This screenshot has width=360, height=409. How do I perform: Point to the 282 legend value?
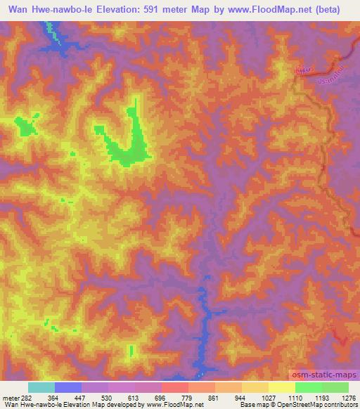[27, 397]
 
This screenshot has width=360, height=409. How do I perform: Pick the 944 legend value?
[229, 397]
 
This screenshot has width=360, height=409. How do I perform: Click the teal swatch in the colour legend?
[41, 387]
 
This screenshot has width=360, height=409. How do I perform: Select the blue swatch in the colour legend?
[68, 387]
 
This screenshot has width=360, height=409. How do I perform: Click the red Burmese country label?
[303, 70]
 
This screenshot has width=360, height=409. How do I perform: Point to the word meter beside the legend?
[11, 397]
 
